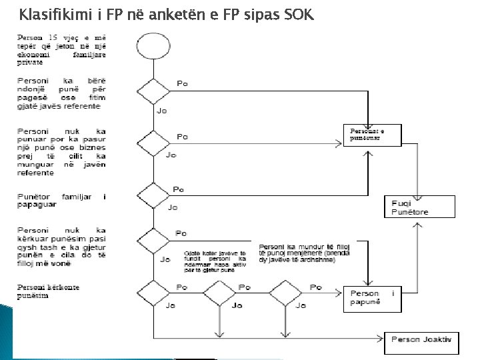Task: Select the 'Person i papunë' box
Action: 373,299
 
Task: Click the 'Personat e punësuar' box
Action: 373,133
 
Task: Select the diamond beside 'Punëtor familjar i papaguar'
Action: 153,196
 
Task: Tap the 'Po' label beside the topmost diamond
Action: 181,83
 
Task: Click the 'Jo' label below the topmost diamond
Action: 161,110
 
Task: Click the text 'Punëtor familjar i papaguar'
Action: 61,201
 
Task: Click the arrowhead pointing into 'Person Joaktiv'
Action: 382,339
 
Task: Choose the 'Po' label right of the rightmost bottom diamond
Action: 315,287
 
